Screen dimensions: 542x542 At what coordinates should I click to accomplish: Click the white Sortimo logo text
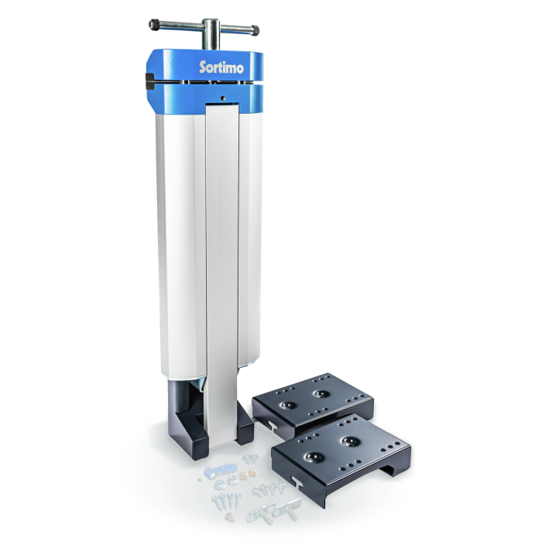point(222,67)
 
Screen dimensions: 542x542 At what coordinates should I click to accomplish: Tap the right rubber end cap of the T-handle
point(253,31)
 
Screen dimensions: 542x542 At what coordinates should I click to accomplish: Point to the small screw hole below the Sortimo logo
point(223,98)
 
